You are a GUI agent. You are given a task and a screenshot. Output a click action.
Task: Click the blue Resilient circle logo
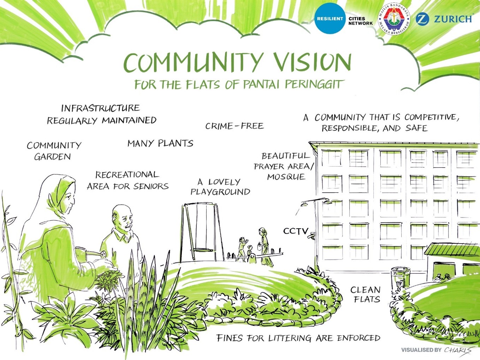tap(330, 18)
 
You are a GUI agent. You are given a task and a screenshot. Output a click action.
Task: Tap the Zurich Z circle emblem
tap(422, 19)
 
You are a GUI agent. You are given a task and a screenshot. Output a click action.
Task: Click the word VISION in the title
tap(313, 62)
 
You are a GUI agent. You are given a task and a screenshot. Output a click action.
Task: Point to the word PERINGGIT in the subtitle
tap(314, 84)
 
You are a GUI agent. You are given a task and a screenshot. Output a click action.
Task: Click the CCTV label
tap(296, 231)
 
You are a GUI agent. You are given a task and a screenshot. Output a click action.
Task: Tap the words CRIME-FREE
tap(235, 126)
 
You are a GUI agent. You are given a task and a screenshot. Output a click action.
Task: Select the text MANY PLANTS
tap(160, 143)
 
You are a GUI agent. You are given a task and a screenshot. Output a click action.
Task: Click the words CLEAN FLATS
tap(365, 294)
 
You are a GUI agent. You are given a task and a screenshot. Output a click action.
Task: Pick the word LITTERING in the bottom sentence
tap(290, 338)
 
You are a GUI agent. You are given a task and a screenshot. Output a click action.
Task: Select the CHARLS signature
tap(458, 350)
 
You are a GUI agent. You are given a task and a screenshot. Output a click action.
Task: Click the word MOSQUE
tap(286, 177)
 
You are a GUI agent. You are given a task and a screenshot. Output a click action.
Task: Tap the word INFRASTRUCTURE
tap(100, 108)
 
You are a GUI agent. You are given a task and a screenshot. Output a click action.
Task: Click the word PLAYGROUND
tap(220, 192)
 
